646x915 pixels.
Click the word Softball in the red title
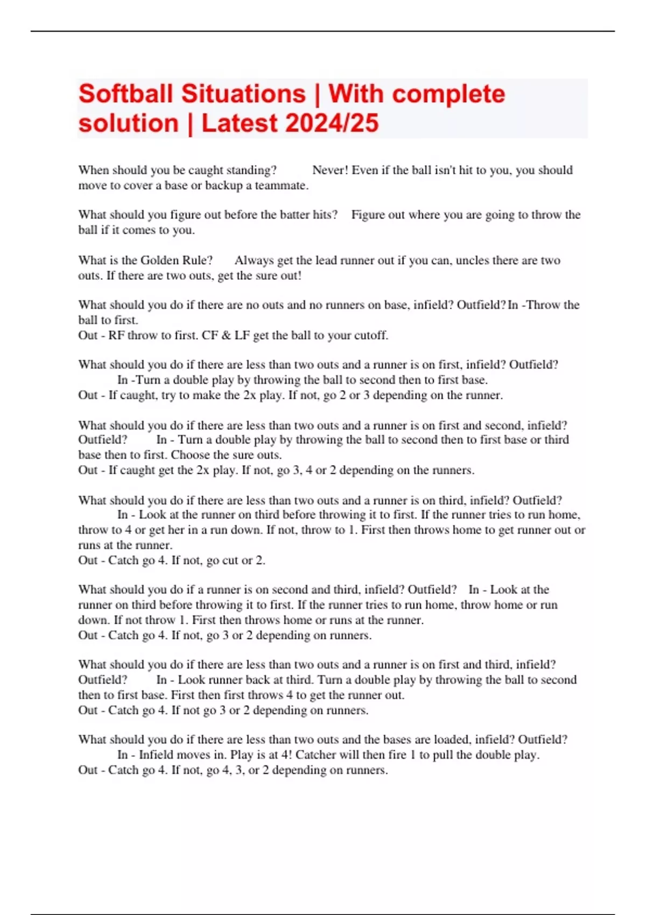click(x=125, y=94)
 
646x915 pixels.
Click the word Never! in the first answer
click(x=330, y=170)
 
